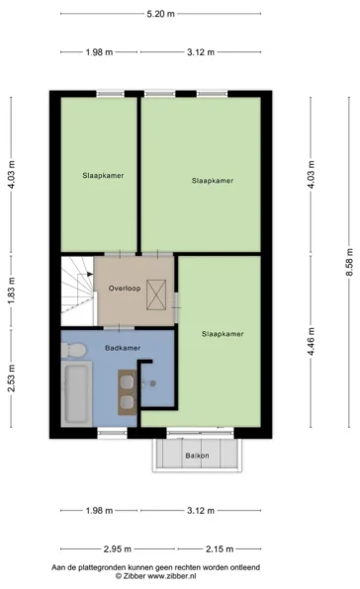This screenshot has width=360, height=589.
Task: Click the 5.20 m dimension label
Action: click(x=160, y=14)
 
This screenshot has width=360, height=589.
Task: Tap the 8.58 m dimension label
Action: click(x=349, y=262)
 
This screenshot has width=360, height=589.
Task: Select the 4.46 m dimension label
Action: click(x=311, y=342)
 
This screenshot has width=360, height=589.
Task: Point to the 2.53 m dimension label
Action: click(x=11, y=379)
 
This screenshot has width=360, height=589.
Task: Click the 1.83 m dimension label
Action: click(x=11, y=292)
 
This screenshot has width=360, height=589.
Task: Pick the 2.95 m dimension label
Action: click(x=118, y=549)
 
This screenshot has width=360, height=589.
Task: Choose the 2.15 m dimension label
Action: click(x=220, y=549)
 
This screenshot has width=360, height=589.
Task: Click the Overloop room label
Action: click(x=125, y=289)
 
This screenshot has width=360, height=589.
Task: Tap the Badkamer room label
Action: click(x=123, y=348)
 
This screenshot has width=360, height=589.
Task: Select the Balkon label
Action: click(x=197, y=456)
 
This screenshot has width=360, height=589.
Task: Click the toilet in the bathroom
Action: click(x=73, y=350)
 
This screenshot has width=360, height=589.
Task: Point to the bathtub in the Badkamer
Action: click(x=77, y=393)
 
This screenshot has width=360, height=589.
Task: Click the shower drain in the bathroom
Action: click(x=153, y=383)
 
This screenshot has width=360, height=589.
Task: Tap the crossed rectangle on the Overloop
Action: click(x=156, y=294)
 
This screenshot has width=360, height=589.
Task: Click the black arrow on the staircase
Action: click(x=90, y=274)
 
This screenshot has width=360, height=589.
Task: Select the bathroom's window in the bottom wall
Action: click(x=113, y=433)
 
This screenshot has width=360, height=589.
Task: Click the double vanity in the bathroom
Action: click(x=128, y=392)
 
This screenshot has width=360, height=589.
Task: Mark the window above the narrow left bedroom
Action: click(x=111, y=94)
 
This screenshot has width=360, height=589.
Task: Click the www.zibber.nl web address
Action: click(x=172, y=576)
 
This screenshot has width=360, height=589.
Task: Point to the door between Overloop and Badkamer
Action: click(x=119, y=328)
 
